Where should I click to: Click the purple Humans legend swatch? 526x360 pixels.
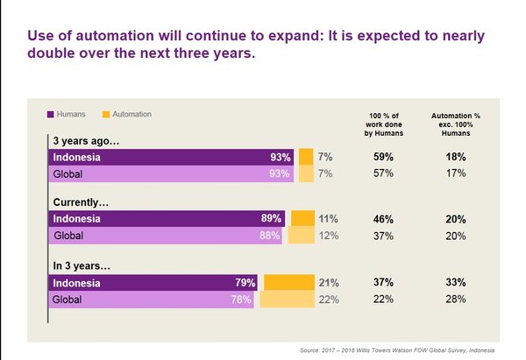51,114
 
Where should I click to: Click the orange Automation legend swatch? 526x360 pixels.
105,114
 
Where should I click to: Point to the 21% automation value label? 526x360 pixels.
328,283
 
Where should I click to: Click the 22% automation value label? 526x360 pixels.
328,300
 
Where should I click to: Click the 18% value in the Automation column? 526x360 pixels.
455,157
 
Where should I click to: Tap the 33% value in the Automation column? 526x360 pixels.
455,283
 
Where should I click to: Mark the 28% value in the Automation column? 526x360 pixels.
455,300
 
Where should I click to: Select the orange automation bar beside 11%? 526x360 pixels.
302,218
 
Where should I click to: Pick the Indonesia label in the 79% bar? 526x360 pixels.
76,283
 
